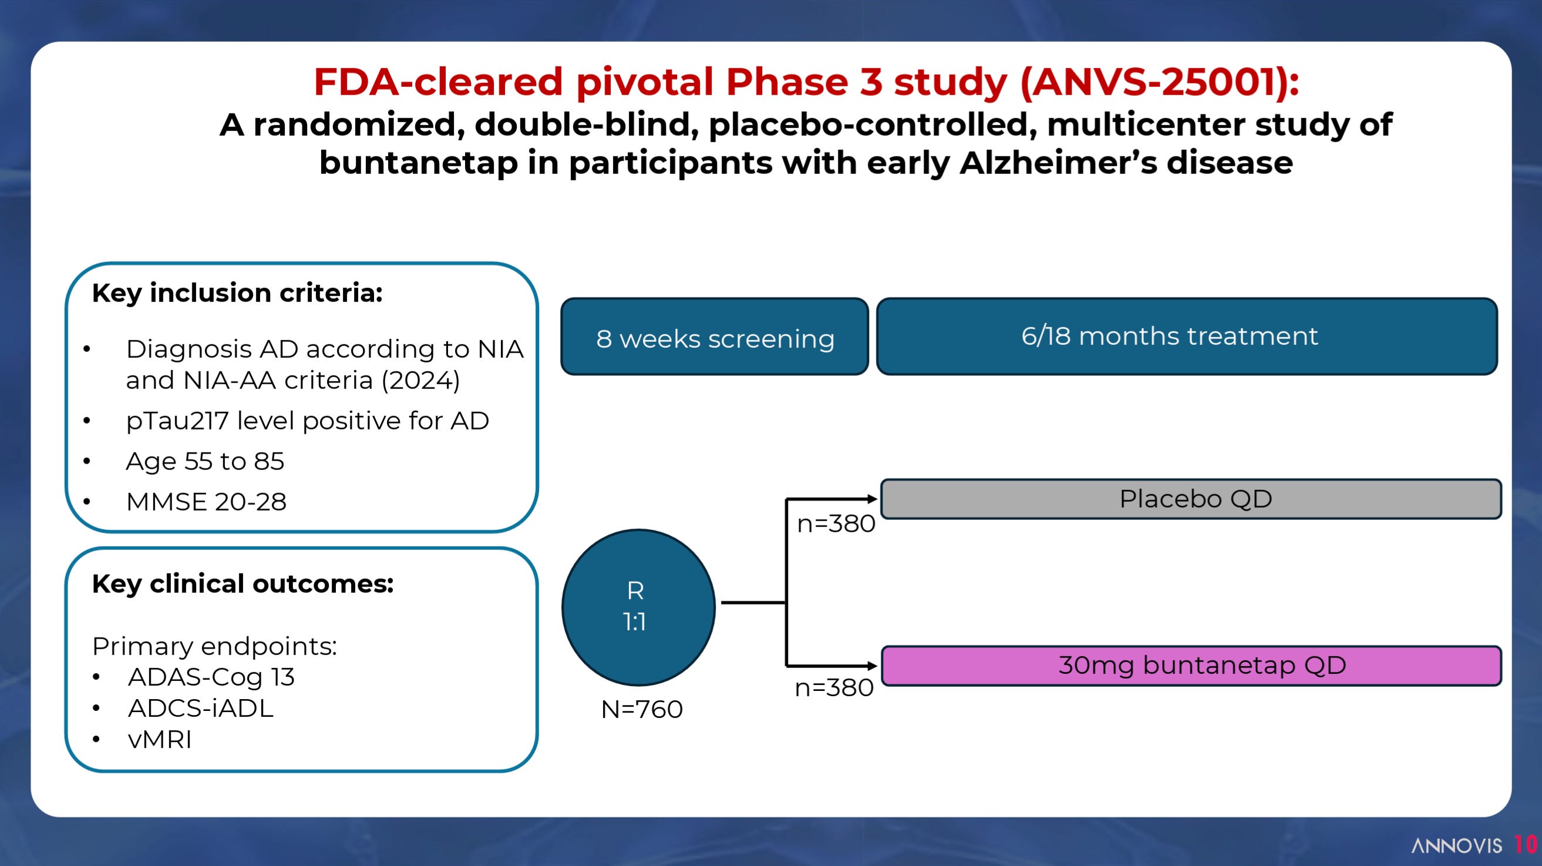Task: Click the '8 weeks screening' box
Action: coord(715,337)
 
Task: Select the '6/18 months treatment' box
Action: coord(1187,337)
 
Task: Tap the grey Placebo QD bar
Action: coord(1191,499)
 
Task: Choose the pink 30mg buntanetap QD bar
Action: coord(1191,666)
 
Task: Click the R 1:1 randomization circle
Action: coord(639,607)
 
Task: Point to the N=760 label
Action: coord(642,709)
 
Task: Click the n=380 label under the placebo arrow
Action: coord(836,524)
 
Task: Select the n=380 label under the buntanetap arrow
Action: coord(834,687)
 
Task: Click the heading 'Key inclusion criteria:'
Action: coord(237,293)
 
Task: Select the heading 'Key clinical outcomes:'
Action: coord(243,584)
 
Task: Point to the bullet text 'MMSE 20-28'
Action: coord(206,502)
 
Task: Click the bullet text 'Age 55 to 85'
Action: coord(205,461)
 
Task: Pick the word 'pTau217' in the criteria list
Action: coord(177,421)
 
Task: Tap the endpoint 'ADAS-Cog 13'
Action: coord(211,677)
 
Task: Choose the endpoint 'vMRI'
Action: coord(160,740)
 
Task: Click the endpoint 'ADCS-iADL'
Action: coord(201,709)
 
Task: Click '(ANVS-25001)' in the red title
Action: coord(1160,82)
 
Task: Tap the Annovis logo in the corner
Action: coord(1456,845)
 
